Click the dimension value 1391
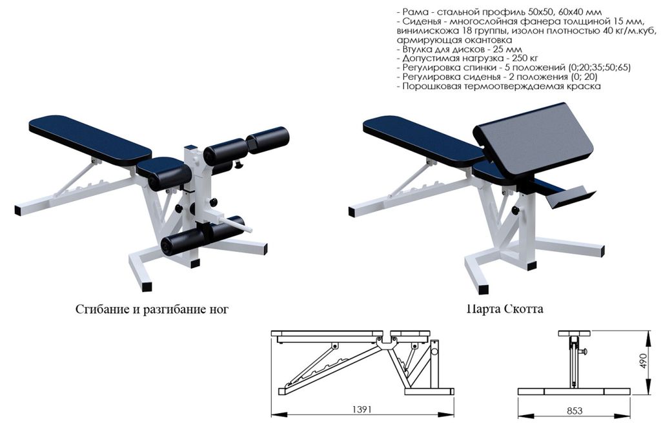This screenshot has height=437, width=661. [x=361, y=409]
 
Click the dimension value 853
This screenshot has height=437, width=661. [x=575, y=411]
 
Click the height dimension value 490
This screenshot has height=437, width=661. [x=643, y=361]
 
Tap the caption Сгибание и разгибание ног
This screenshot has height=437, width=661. [x=152, y=309]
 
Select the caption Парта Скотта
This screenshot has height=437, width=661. [x=505, y=309]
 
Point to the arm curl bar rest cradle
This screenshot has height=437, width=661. [x=571, y=198]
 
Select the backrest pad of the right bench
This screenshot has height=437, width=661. [x=423, y=139]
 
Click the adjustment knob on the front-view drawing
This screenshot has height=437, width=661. [x=584, y=351]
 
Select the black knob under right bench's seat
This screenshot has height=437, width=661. [x=514, y=210]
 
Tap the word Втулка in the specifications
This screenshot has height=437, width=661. [x=418, y=49]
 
